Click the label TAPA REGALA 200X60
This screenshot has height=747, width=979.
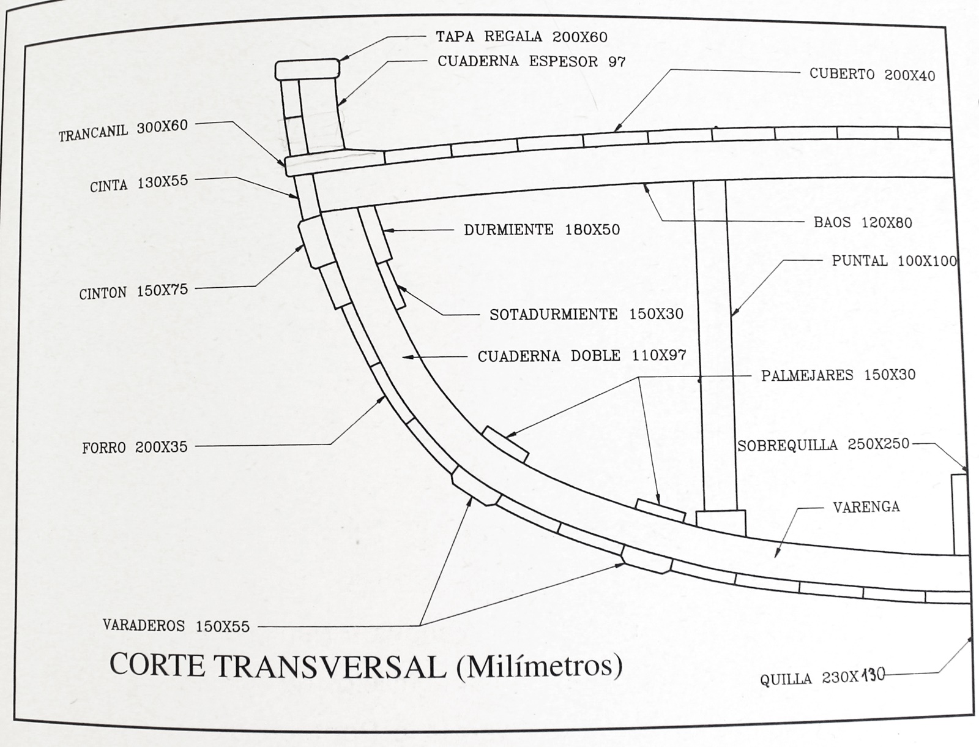click(521, 37)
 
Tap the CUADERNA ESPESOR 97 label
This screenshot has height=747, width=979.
click(532, 61)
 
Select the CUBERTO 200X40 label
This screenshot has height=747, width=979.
click(872, 75)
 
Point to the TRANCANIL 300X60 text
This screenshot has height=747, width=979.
click(123, 130)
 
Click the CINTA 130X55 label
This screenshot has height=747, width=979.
click(139, 184)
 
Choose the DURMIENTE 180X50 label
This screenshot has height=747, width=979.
click(542, 230)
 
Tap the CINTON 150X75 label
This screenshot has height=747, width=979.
click(133, 291)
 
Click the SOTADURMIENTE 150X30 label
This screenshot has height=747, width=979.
click(586, 315)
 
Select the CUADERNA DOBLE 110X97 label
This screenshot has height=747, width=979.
click(582, 356)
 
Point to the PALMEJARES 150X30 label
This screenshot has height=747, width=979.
click(838, 375)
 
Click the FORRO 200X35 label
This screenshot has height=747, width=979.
click(135, 448)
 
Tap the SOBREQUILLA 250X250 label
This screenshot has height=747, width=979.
click(823, 445)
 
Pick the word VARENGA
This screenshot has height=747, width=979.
click(866, 507)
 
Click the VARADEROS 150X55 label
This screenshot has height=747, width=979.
click(176, 626)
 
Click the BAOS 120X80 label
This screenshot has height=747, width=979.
click(863, 222)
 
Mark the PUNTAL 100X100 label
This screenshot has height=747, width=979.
click(894, 261)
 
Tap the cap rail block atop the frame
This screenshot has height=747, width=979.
click(307, 69)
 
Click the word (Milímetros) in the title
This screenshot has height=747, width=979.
click(539, 666)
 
